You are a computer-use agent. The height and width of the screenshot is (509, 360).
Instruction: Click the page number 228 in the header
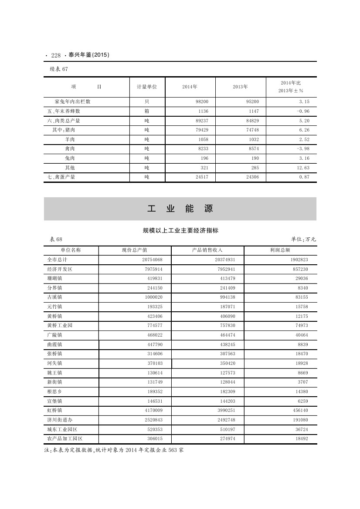(x=55, y=55)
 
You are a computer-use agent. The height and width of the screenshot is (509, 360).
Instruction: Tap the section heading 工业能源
(x=180, y=209)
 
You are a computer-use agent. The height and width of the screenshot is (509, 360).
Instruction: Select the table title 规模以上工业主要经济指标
(x=180, y=231)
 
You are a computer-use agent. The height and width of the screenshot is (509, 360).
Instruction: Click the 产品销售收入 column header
(x=207, y=250)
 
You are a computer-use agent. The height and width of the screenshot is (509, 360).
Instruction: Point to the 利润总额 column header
(x=280, y=250)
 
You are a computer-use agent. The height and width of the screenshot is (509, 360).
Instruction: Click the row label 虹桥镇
(x=55, y=410)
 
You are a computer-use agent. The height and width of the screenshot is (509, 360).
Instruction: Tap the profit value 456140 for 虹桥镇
(x=300, y=410)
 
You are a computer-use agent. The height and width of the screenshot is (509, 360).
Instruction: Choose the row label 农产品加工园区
(x=65, y=439)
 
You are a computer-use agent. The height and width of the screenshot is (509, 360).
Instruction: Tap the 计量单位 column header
(x=147, y=87)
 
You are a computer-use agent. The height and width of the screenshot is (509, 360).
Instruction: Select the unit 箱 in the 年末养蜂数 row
(x=147, y=111)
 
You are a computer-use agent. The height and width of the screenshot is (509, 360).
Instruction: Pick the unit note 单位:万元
(x=303, y=239)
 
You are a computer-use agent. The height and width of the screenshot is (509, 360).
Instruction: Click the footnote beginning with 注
(x=114, y=450)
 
